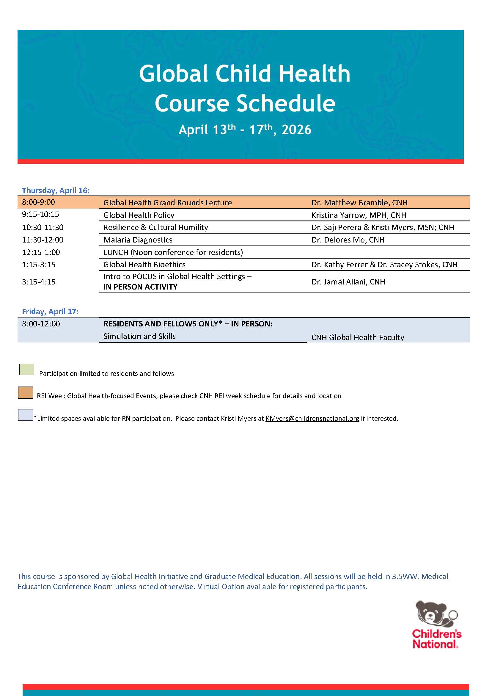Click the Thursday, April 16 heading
56,190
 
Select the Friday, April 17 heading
50,312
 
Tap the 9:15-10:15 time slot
41,215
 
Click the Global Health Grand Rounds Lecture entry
167,203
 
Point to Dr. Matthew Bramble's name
359,203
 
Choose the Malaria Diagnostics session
138,240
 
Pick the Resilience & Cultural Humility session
155,227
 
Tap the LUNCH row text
173,252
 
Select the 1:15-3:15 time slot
39,265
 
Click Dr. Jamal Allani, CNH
348,282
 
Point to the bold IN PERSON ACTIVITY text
140,287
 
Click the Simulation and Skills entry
139,336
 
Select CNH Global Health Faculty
358,337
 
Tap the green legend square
27,369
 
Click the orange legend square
26,392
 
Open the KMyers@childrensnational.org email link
312,418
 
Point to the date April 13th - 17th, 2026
245,129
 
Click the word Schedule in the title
285,103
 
